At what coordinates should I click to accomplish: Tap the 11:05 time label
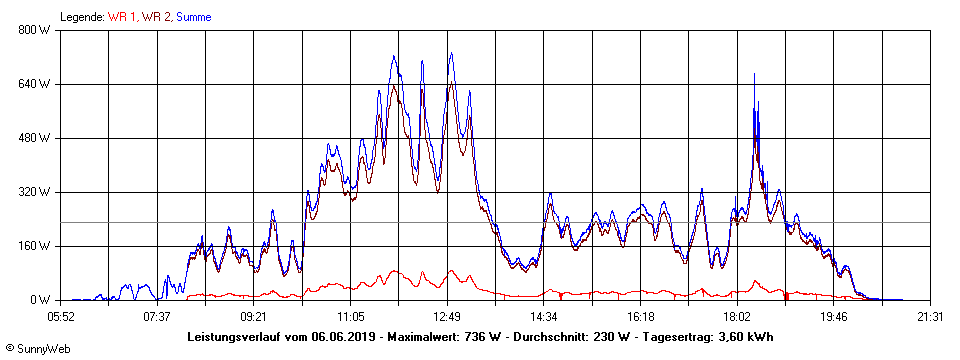tap(351, 317)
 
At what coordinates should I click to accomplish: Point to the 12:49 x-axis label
tap(447, 317)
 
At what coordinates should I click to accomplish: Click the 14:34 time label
tap(544, 317)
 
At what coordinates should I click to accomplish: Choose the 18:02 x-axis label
tap(737, 317)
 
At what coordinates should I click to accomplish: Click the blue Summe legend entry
tap(193, 17)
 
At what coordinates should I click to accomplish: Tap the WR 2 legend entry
tap(156, 17)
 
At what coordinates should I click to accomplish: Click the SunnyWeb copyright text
tap(37, 349)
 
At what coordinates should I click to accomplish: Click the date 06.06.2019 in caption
tap(343, 337)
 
